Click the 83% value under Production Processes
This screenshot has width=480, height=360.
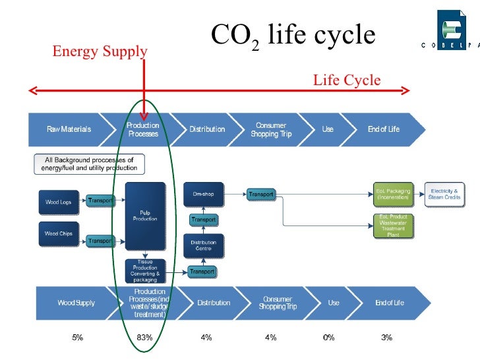coord(144,337)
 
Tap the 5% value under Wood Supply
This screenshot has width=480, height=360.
coord(77,337)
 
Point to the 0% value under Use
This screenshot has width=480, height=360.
coord(328,337)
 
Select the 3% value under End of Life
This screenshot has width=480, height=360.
coord(386,337)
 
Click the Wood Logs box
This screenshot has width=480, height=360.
coord(58,202)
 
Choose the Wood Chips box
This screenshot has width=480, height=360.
coord(58,234)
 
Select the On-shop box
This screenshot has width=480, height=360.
coord(203,195)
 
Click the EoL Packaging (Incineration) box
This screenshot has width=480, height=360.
coord(393,194)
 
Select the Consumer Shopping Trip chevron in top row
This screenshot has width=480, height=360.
coord(270,129)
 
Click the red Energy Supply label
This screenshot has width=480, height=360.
coord(100,51)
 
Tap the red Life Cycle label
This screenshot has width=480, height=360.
coord(347,80)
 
